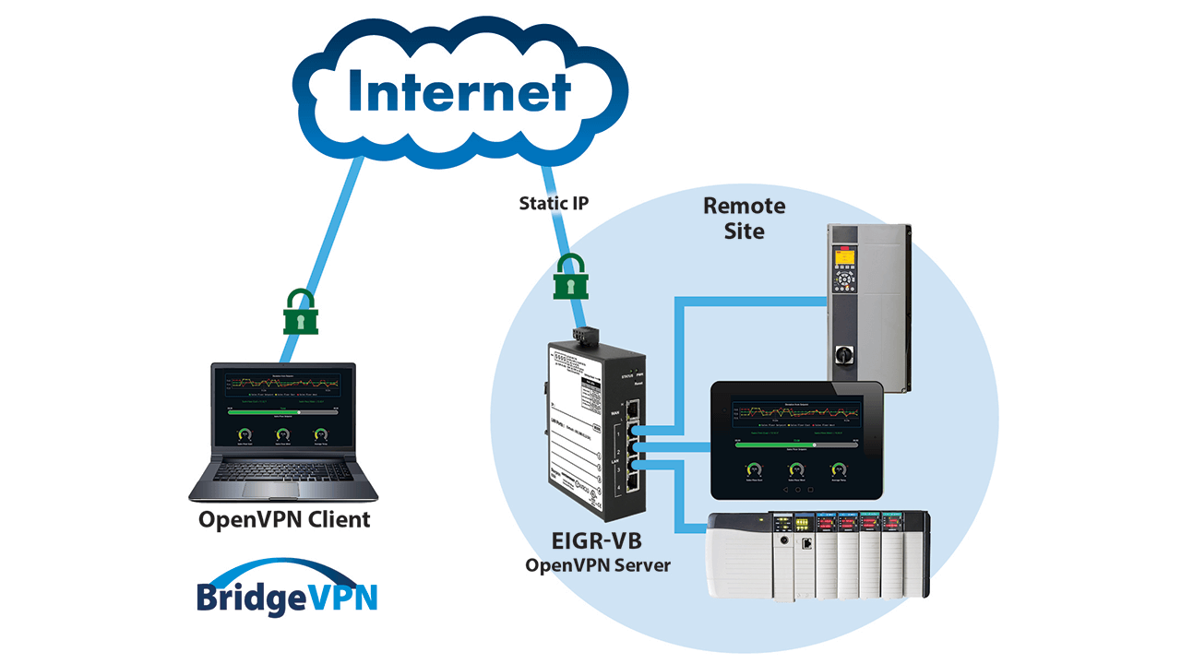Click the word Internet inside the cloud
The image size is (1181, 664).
tap(459, 92)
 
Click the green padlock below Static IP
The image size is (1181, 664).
tap(571, 277)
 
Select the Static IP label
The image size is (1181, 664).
tap(553, 203)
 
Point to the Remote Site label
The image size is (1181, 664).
tap(744, 218)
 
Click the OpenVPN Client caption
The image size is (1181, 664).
tap(284, 520)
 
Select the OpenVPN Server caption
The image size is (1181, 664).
tap(597, 564)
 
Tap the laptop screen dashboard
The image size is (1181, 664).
tap(281, 406)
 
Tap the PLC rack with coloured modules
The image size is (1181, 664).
tap(817, 552)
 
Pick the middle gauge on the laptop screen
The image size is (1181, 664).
tap(282, 434)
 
